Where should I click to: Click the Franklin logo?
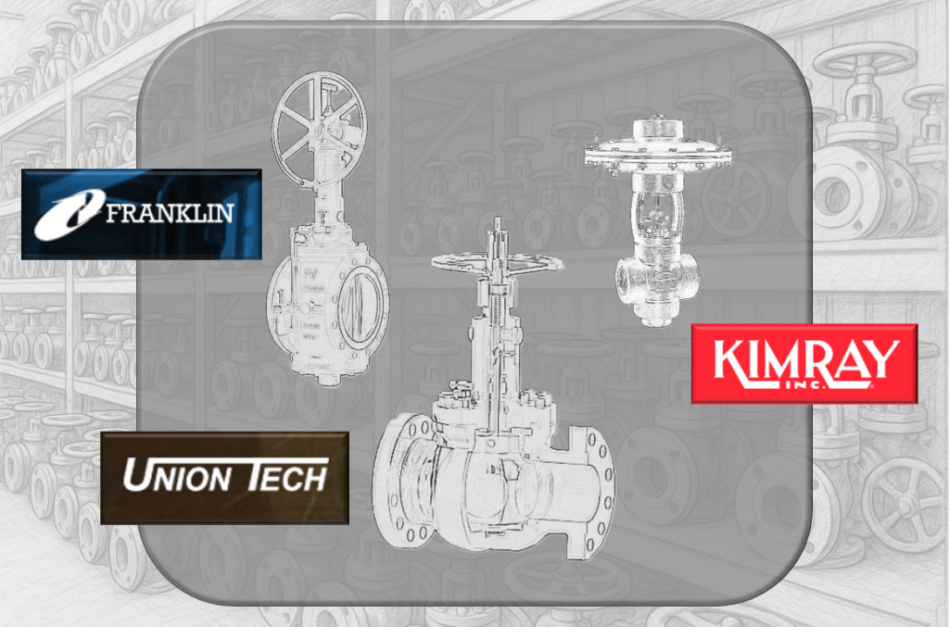pyautogui.click(x=142, y=215)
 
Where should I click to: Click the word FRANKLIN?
pyautogui.click(x=170, y=213)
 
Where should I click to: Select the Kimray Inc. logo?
pyautogui.click(x=804, y=364)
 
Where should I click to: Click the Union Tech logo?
pyautogui.click(x=224, y=478)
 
